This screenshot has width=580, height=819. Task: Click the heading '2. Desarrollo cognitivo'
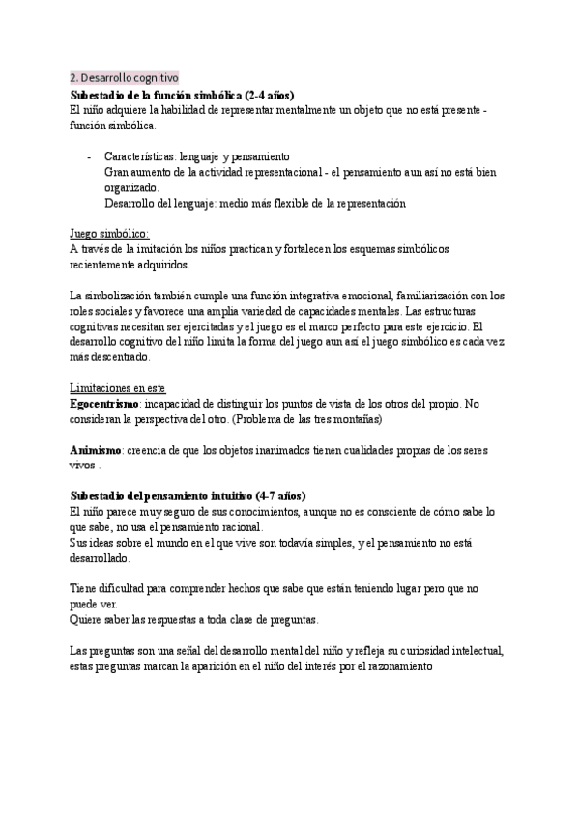124,77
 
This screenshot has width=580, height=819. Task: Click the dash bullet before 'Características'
89,156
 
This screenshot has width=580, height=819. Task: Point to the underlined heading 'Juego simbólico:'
109,234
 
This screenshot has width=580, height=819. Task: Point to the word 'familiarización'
440,296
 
